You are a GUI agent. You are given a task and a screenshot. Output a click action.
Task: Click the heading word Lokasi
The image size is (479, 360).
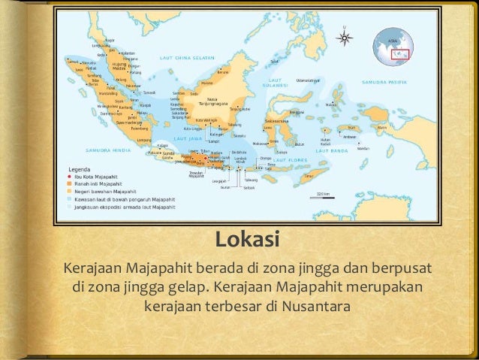click(247, 241)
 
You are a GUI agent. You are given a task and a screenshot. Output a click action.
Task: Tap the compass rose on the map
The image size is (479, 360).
click(345, 36)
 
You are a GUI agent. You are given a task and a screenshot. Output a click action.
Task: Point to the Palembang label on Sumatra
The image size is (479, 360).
click(119, 127)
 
